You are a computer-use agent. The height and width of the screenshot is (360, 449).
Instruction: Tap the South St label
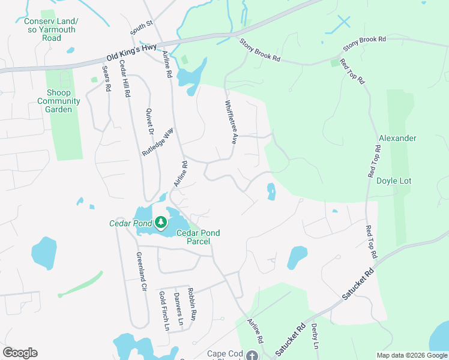142,27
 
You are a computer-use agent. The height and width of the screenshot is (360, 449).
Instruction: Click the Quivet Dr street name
150,121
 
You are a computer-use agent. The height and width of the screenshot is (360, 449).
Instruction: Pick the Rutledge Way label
158,142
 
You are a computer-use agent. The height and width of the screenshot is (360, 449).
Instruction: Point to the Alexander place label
397,138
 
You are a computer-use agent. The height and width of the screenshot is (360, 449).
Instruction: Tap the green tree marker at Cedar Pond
160,223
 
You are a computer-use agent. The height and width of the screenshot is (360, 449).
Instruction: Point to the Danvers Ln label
177,305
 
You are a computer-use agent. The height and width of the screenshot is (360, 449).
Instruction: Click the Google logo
20,353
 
